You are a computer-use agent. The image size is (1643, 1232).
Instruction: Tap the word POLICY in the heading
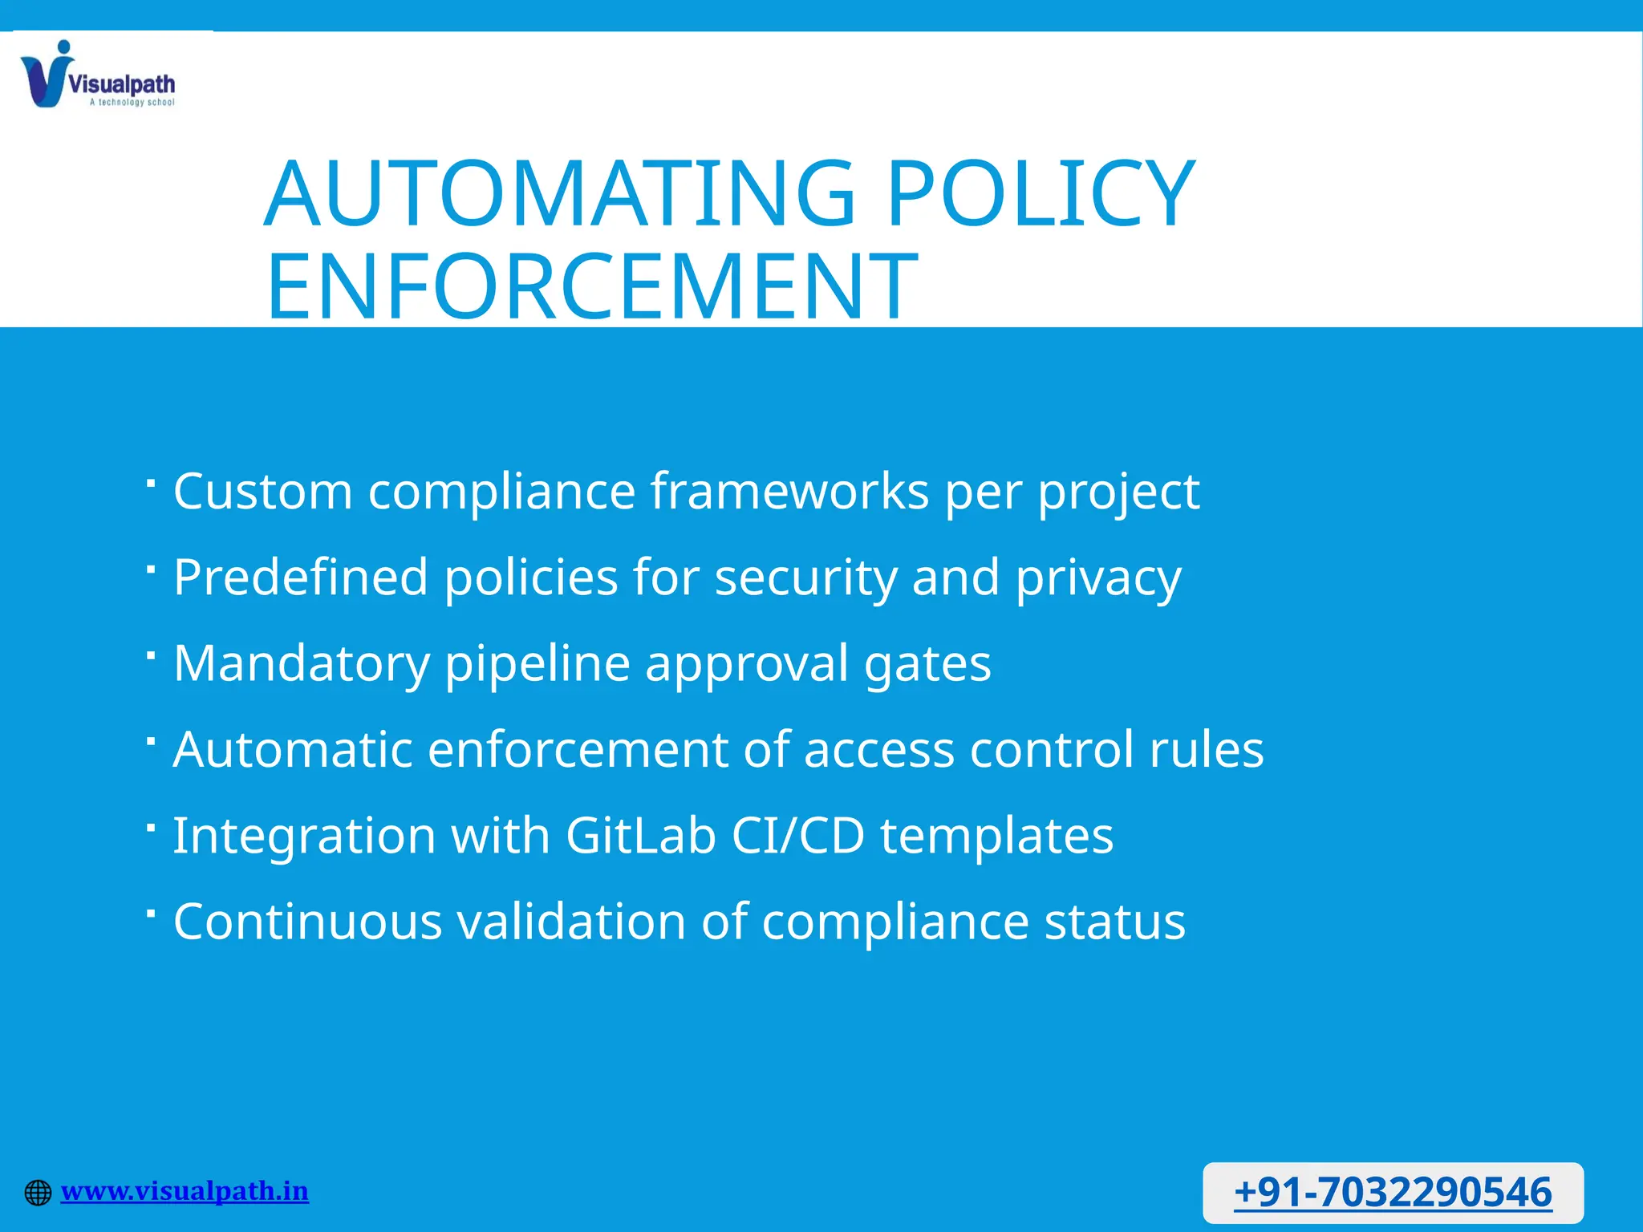(x=1041, y=194)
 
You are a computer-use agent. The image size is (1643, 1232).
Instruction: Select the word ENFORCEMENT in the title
(x=592, y=286)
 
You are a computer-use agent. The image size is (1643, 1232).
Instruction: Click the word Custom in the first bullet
(x=263, y=491)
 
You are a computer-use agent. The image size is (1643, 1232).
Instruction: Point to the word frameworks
(x=789, y=491)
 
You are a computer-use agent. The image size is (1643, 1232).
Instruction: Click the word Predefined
(x=301, y=577)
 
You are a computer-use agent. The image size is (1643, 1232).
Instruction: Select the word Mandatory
(x=302, y=664)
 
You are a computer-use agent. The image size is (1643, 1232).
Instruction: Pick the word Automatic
(x=292, y=749)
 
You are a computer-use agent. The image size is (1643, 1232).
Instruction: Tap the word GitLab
(x=640, y=835)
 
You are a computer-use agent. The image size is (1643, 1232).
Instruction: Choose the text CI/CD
(x=798, y=835)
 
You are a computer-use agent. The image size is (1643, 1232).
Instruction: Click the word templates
(x=996, y=837)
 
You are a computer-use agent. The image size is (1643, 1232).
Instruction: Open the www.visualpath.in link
(x=185, y=1191)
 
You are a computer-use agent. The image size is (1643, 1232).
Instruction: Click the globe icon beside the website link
(x=38, y=1193)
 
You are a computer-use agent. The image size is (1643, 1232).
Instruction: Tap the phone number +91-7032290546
(x=1393, y=1192)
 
